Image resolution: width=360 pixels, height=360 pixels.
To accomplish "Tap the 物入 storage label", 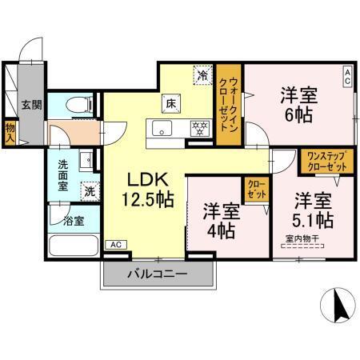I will pyautogui.click(x=10, y=131).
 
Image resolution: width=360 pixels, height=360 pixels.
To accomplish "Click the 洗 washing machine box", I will pyautogui.click(x=90, y=191).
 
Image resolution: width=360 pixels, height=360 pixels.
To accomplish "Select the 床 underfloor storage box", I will pyautogui.click(x=170, y=102).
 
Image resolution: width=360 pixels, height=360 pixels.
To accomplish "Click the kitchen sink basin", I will pyautogui.click(x=160, y=130).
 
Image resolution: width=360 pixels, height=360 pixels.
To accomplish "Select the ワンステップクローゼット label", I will pyautogui.click(x=326, y=161).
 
